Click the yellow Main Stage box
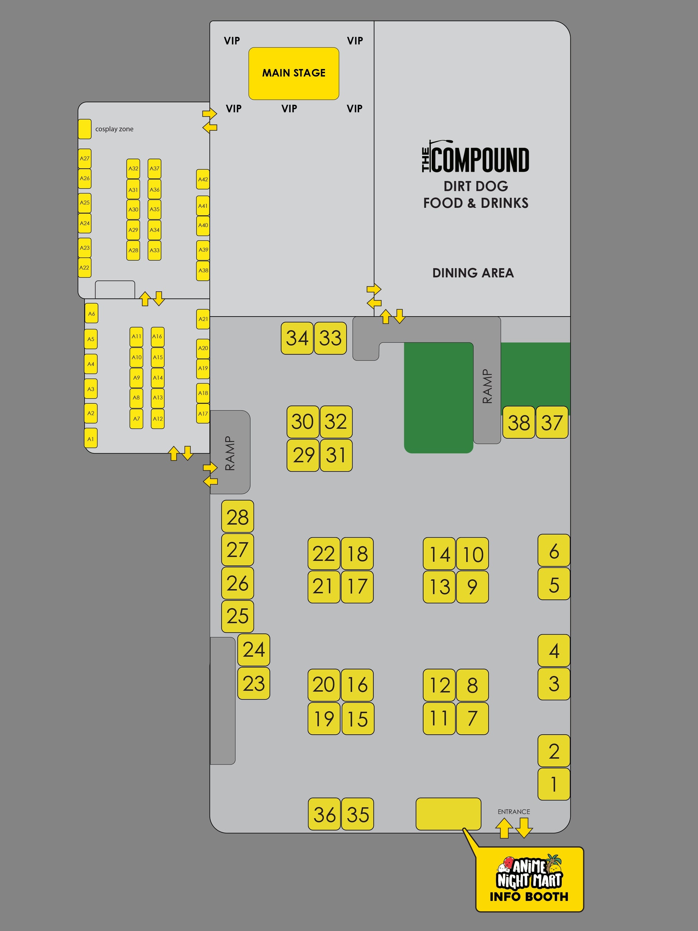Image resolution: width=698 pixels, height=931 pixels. [294, 73]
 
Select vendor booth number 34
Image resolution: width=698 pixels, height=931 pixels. [297, 338]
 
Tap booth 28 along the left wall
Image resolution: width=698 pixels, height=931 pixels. [238, 516]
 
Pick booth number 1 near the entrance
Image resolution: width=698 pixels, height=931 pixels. [554, 784]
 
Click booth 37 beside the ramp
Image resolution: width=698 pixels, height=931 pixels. [552, 422]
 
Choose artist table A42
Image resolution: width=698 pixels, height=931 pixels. [203, 179]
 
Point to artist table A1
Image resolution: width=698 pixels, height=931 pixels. [91, 439]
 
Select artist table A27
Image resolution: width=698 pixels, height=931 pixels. [85, 159]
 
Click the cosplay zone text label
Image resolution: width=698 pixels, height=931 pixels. [114, 129]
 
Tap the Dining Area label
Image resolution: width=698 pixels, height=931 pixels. [473, 273]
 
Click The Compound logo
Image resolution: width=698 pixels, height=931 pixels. [475, 156]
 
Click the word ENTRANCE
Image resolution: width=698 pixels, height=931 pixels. [514, 811]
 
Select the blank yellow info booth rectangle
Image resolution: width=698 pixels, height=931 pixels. [448, 814]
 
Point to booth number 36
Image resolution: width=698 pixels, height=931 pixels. [324, 814]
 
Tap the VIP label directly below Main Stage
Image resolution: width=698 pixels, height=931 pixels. [289, 109]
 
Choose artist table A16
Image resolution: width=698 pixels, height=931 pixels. [157, 337]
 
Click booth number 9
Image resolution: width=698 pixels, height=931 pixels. [472, 587]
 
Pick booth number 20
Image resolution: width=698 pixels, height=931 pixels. [324, 685]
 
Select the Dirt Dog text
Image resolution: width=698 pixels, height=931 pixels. [476, 186]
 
